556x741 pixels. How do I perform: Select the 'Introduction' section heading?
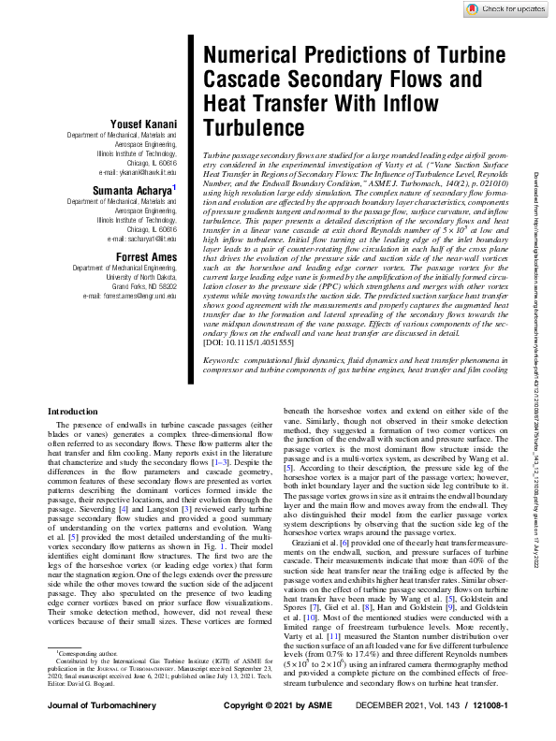pyautogui.click(x=72, y=437)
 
